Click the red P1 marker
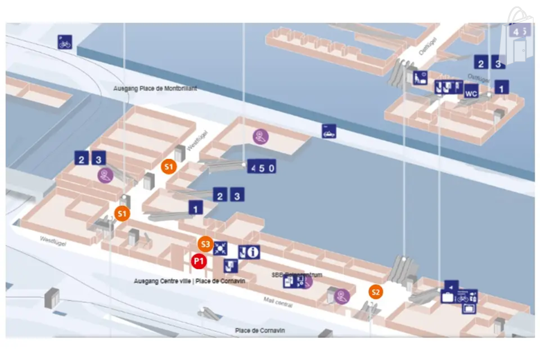(199, 261)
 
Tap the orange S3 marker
(205, 244)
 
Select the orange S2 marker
(376, 292)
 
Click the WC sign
(471, 94)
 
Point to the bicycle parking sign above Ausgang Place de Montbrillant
(65, 42)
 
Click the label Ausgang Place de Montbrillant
(155, 88)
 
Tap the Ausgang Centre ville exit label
(189, 281)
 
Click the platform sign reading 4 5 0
(262, 167)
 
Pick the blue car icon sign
(329, 131)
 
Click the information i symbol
(253, 252)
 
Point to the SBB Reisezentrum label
(296, 275)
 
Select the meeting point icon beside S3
(221, 247)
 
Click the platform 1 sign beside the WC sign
(501, 87)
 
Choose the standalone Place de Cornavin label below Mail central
(260, 331)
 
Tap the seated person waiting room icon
(420, 77)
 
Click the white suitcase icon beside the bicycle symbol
(448, 297)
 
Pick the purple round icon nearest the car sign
(260, 136)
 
